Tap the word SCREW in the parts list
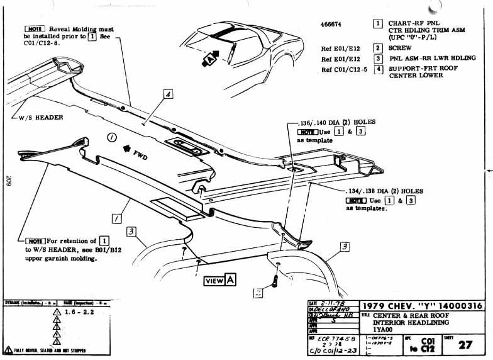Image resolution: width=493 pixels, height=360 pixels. coord(400,48)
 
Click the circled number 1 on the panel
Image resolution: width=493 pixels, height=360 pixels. coord(111,137)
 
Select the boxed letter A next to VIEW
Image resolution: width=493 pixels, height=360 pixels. coord(231,280)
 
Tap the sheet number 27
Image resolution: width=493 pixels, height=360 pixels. coord(465,344)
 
